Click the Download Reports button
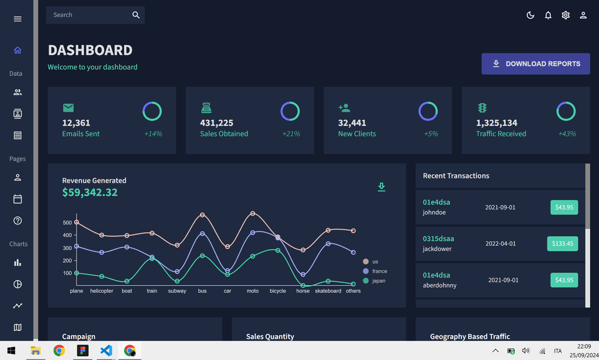pos(536,64)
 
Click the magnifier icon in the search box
pos(136,15)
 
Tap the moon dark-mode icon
pos(530,16)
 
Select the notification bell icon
pos(548,16)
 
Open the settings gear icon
pos(566,16)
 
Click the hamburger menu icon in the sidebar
pos(18,19)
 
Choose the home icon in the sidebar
pos(18,50)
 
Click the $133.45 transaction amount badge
pos(564,244)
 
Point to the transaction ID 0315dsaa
pos(438,239)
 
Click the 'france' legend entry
pos(379,271)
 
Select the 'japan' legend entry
pos(379,281)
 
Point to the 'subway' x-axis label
pos(177,291)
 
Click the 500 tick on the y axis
pos(67,223)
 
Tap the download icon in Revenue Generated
pos(382,187)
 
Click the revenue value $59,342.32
pos(90,192)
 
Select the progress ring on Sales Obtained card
pos(290,111)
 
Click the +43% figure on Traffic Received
pos(567,134)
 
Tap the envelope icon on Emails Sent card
pos(68,108)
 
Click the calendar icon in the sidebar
pos(18,199)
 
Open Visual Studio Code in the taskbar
pos(106,351)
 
